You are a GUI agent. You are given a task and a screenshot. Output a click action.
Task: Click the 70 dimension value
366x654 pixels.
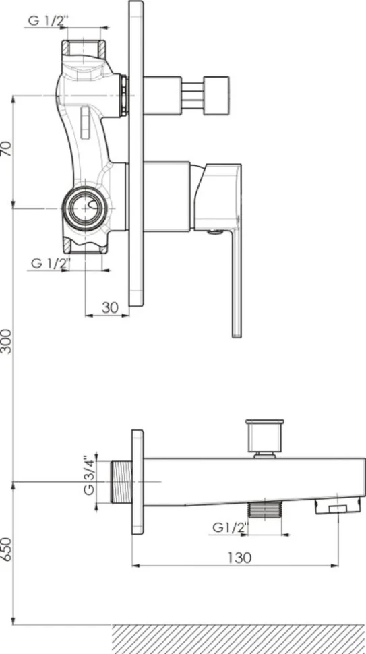(7, 148)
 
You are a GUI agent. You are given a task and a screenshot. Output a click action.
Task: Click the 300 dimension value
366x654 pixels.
(7, 341)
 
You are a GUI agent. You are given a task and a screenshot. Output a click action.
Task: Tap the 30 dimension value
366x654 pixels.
(110, 308)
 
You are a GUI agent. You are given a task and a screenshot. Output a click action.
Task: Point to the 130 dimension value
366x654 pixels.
(239, 557)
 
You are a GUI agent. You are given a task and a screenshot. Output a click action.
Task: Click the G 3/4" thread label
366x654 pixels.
(89, 475)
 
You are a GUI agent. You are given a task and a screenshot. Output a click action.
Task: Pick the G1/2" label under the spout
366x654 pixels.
(230, 527)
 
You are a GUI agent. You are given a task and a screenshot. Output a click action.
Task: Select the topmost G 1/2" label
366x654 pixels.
(47, 21)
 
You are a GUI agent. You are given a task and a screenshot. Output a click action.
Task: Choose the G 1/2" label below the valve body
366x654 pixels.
(51, 264)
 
